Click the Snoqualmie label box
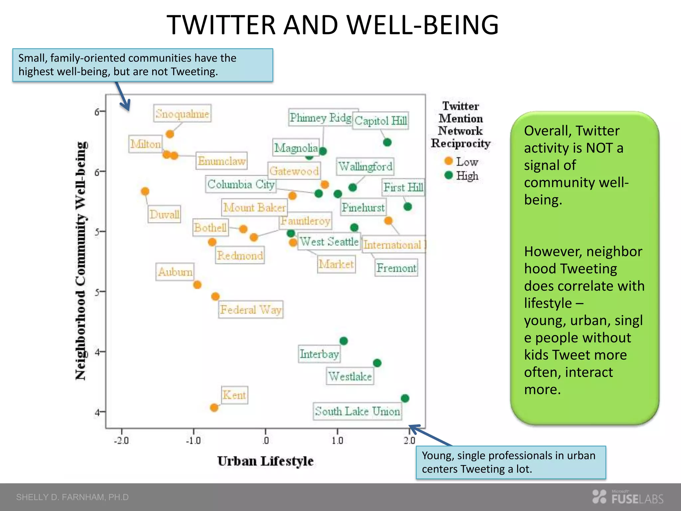point(182,113)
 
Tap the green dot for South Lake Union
point(405,398)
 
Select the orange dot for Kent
point(214,408)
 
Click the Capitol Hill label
point(380,120)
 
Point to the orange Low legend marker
point(449,161)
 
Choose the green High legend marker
point(449,175)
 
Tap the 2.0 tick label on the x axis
point(409,440)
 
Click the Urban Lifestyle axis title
point(265,461)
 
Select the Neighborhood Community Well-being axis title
point(81,261)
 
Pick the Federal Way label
point(251,310)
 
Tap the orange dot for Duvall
point(145,191)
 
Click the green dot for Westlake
point(377,363)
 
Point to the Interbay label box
point(319,354)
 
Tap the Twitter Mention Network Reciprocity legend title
point(461,125)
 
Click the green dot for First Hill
point(408,207)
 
